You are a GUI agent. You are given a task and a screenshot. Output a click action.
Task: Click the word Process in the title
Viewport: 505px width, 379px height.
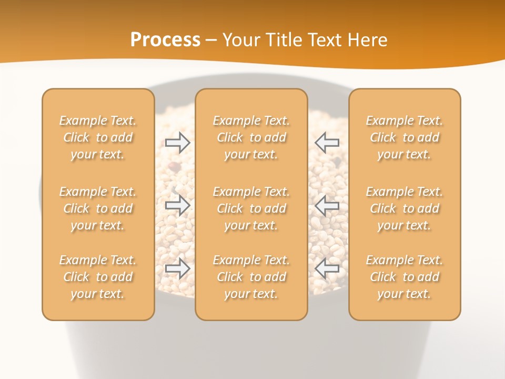coord(165,40)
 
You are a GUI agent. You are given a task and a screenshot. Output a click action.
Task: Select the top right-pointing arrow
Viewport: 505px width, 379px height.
coord(178,143)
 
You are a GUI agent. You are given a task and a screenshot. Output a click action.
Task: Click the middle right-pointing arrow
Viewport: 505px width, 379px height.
coord(178,205)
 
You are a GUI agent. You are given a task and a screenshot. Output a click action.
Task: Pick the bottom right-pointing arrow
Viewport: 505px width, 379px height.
coord(178,268)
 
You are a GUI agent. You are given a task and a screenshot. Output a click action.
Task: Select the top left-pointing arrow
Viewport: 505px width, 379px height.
coord(327,143)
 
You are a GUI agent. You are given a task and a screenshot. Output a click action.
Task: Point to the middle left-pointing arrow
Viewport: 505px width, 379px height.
coord(327,205)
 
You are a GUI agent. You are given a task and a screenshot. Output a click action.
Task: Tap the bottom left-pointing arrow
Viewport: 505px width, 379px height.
coord(327,268)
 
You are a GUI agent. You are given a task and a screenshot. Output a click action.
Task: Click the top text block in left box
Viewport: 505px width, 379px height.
coord(98,137)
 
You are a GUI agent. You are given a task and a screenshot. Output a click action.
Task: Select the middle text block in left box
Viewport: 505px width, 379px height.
coord(98,208)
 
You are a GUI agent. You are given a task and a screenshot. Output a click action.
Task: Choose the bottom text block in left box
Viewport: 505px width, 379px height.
coord(98,277)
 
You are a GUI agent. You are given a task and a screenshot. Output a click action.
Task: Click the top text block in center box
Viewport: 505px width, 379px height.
coord(251,137)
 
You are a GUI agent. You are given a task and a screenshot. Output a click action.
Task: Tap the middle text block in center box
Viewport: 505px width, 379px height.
coord(251,208)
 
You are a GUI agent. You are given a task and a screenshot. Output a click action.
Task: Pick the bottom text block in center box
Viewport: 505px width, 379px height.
coord(251,277)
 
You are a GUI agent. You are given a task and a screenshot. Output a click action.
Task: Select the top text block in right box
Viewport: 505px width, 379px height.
coord(405,137)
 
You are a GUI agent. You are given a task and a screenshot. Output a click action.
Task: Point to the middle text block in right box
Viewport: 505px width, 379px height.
coord(405,208)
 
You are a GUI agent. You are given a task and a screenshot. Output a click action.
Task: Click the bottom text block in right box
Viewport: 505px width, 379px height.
coord(405,277)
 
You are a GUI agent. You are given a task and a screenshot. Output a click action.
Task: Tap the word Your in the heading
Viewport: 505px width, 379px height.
coord(239,40)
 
